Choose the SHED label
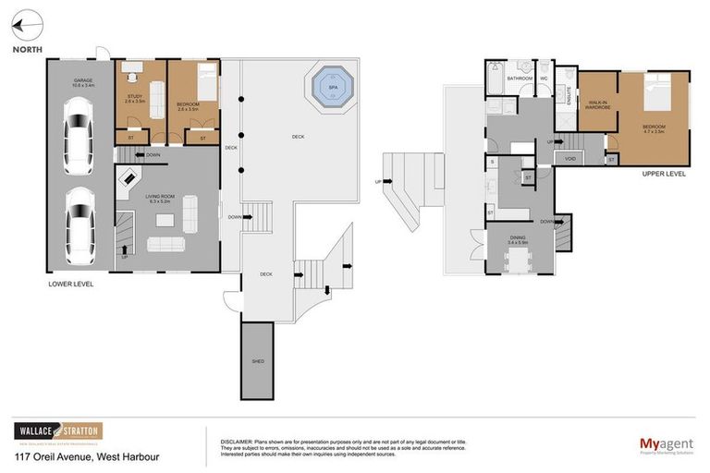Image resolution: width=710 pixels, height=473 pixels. click(x=257, y=362)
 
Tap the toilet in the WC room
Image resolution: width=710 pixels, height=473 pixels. click(x=545, y=69)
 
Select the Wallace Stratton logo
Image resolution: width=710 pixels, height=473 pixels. click(x=58, y=431)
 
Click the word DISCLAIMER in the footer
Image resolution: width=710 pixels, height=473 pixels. click(x=238, y=441)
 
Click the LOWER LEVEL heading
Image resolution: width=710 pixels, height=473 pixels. click(x=71, y=284)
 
